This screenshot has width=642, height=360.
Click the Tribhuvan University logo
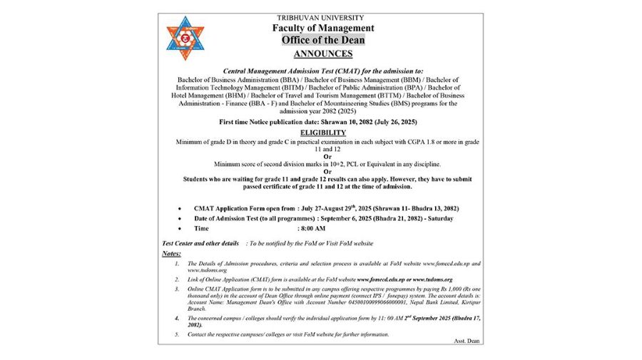(185, 38)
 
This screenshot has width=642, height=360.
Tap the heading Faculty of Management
(322, 29)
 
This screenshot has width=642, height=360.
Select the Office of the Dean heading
(322, 40)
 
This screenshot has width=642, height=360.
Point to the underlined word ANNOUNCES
(322, 53)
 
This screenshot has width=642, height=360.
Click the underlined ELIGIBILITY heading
(322, 133)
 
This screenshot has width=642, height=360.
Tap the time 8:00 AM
(311, 229)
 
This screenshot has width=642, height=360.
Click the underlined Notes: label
(171, 254)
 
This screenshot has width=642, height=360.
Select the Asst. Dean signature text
(467, 341)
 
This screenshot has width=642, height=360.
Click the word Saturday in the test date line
(438, 218)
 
